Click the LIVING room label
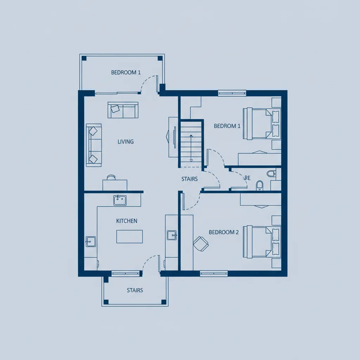pyautogui.click(x=126, y=142)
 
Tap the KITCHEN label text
pyautogui.click(x=127, y=221)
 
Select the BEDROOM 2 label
pyautogui.click(x=224, y=232)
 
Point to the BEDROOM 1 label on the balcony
pyautogui.click(x=126, y=72)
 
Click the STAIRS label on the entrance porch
pyautogui.click(x=135, y=290)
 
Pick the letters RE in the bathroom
pyautogui.click(x=247, y=178)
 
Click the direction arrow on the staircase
pyautogui.click(x=191, y=148)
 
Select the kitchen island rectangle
pyautogui.click(x=129, y=236)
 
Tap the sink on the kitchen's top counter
pyautogui.click(x=120, y=200)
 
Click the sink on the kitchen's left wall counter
pyautogui.click(x=91, y=242)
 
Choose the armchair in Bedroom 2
pyautogui.click(x=201, y=244)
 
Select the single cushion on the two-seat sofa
pyautogui.click(x=115, y=109)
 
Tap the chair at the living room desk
pyautogui.click(x=111, y=177)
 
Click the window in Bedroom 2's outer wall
pyautogui.click(x=214, y=274)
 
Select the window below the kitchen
pyautogui.click(x=126, y=274)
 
